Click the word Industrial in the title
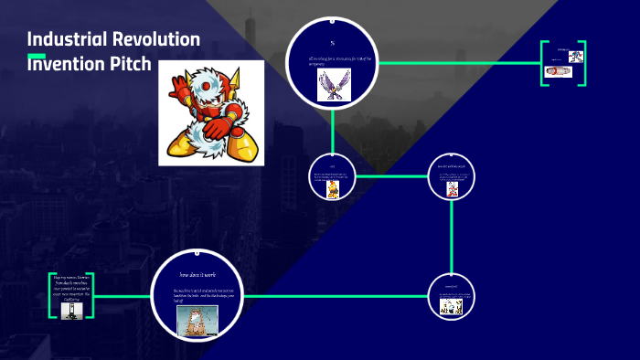(66, 39)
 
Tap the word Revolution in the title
(155, 39)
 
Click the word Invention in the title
(69, 65)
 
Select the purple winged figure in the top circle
(333, 84)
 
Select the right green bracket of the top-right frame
(582, 63)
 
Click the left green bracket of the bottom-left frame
(51, 295)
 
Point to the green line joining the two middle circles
(390, 175)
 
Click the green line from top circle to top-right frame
(457, 63)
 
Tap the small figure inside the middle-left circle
(333, 189)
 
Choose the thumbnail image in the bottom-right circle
(452, 306)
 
